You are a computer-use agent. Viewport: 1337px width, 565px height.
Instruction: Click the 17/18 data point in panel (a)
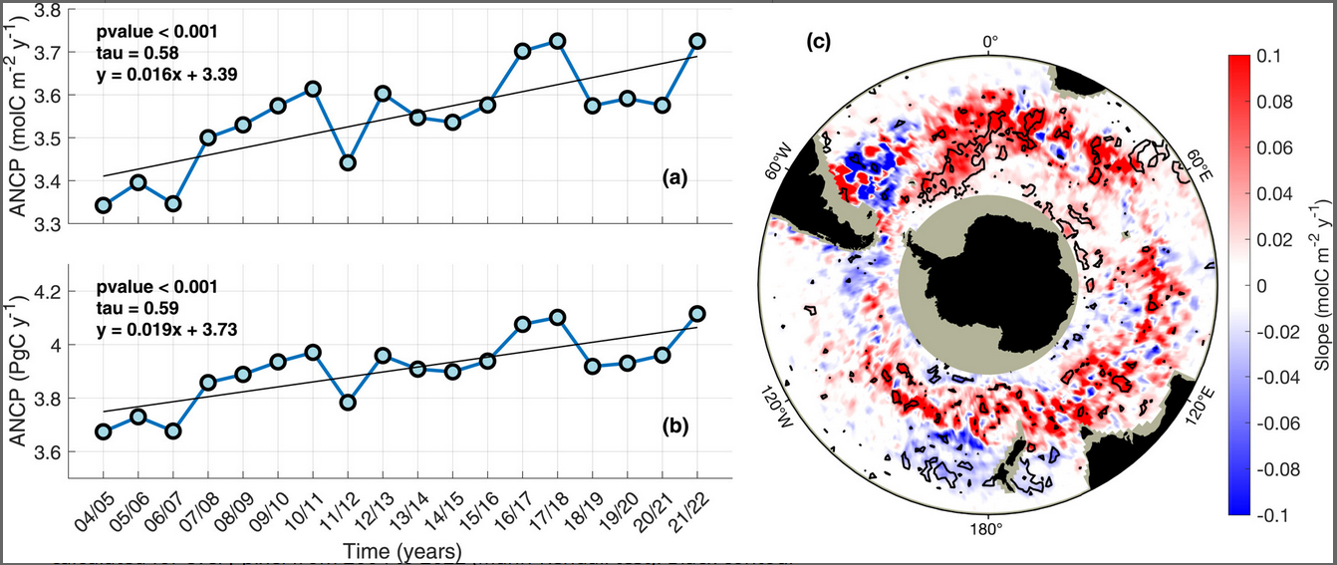click(558, 41)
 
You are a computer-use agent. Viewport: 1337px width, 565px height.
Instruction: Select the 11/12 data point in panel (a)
click(348, 161)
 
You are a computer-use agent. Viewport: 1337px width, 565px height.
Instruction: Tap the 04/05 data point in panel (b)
click(103, 431)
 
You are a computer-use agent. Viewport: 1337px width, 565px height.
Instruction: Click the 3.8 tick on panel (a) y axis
click(48, 10)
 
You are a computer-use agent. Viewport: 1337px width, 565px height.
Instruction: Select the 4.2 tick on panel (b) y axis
click(48, 292)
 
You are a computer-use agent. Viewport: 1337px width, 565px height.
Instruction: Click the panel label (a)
click(674, 178)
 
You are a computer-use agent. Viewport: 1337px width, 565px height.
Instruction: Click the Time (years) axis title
click(398, 550)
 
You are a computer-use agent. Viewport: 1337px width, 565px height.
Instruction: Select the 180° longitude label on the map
click(986, 527)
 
